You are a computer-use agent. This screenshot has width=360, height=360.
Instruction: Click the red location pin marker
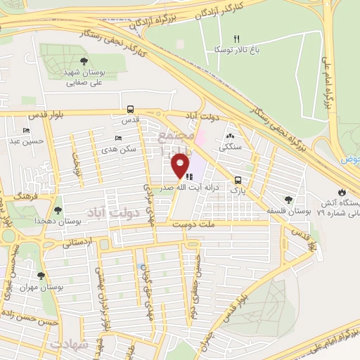181,167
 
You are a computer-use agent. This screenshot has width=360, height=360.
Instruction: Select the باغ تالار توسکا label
237,50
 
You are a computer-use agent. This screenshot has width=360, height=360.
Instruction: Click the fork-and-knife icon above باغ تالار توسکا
237,39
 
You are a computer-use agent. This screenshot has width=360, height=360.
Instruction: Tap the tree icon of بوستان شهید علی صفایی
84,61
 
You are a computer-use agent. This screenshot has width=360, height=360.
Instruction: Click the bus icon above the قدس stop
130,109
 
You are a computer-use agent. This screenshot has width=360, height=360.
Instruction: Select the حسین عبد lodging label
26,141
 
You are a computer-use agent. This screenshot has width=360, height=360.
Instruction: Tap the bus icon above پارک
238,179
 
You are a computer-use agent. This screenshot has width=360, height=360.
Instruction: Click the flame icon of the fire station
342,191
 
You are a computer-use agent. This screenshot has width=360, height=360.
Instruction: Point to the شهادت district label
70,345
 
